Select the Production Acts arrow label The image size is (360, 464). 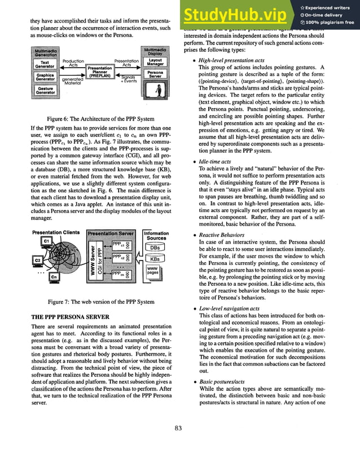tap(73, 63)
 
